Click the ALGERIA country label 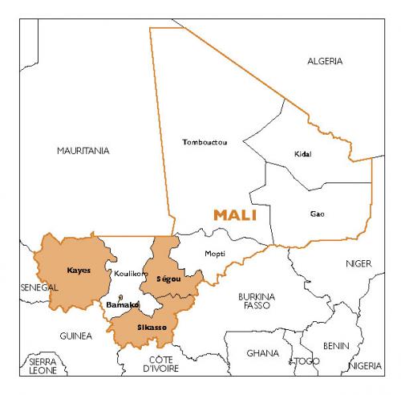click(325, 61)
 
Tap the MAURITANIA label click(83, 150)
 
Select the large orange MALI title click(235, 215)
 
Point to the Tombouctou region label click(205, 142)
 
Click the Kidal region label click(302, 154)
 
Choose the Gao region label click(318, 214)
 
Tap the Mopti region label click(215, 254)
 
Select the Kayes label click(79, 270)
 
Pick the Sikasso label click(152, 328)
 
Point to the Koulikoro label click(131, 274)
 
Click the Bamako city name click(123, 305)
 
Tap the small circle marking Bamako click(119, 297)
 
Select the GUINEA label click(75, 335)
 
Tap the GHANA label click(263, 352)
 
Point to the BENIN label click(336, 346)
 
